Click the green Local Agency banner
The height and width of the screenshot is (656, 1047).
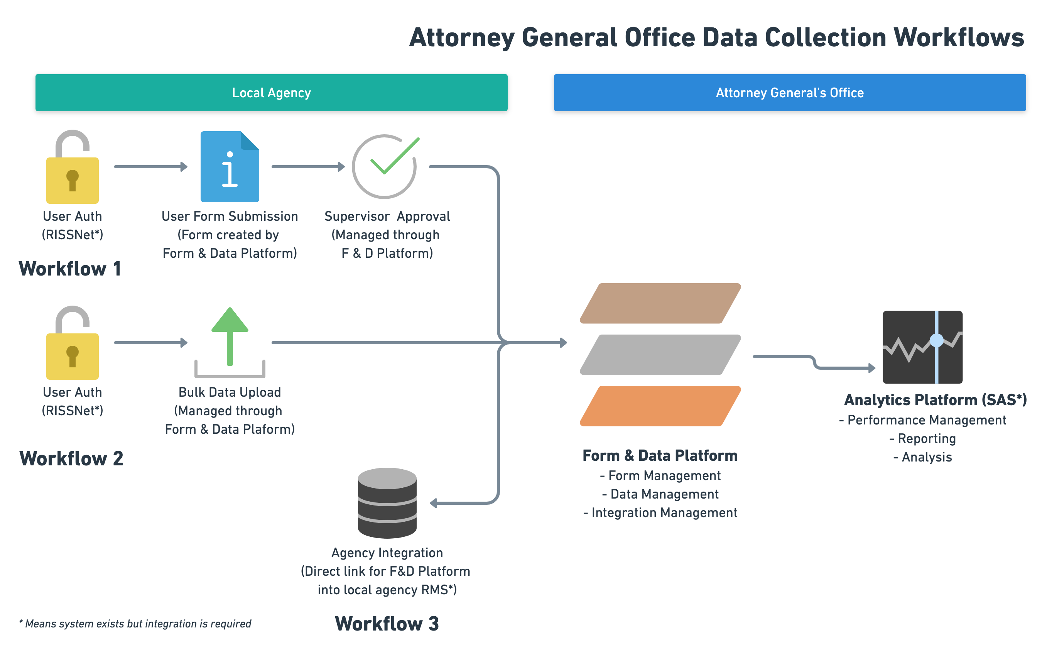coord(271,92)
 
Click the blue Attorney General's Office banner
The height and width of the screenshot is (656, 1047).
coord(789,92)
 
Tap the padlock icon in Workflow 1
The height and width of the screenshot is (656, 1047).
coord(73,167)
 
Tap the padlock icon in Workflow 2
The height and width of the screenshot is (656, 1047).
coord(73,343)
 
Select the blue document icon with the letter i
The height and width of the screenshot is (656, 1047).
coord(230,167)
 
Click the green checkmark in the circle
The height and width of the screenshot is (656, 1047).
coord(394,156)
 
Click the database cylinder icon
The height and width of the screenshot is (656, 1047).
coord(387,503)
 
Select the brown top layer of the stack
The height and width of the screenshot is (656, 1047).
coord(660,303)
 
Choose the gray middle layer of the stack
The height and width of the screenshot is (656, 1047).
coord(660,355)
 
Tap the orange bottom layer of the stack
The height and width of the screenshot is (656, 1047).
coord(660,406)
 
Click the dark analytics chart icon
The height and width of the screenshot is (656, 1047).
coord(922,347)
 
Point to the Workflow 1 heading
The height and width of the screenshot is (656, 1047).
coord(70,269)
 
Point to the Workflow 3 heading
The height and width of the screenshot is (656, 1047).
coord(387,624)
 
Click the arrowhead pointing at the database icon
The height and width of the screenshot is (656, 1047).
coord(433,503)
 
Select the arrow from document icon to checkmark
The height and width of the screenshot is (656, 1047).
coord(308,167)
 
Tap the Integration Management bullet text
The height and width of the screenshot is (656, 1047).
coord(660,512)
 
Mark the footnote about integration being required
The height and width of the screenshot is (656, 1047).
coord(135,624)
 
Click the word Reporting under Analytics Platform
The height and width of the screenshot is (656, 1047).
coord(926,439)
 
